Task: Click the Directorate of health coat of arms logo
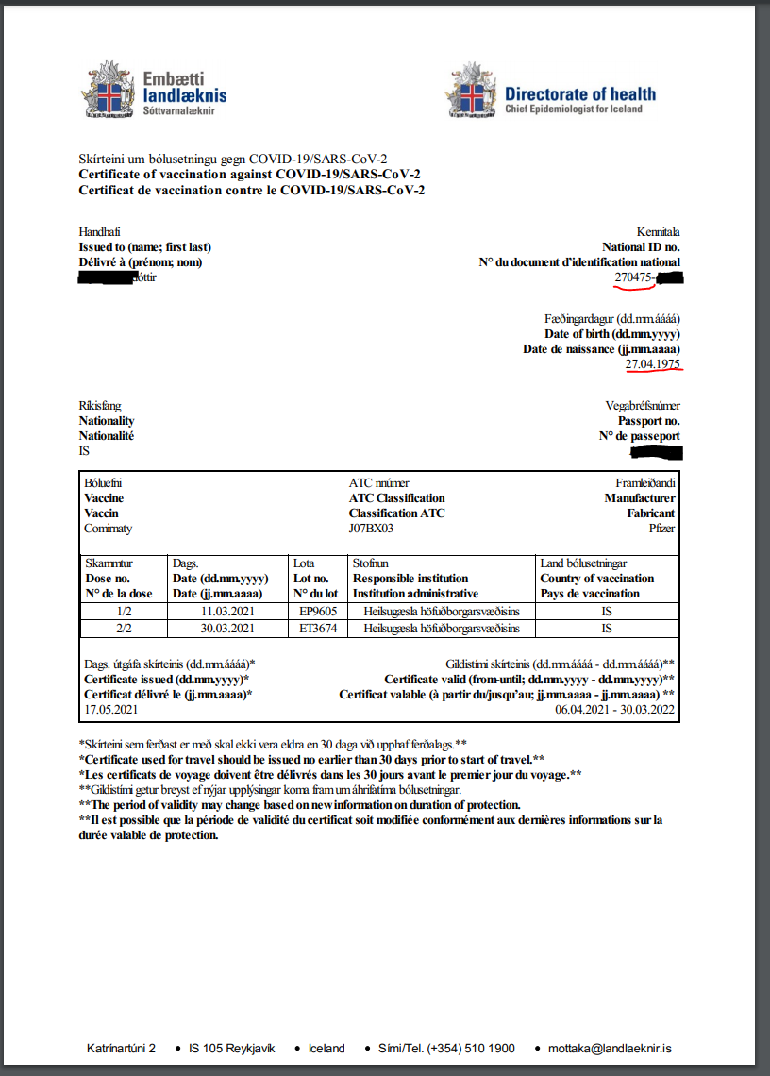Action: point(471,92)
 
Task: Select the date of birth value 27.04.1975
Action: point(653,363)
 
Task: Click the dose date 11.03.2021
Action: point(227,612)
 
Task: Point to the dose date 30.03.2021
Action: point(227,629)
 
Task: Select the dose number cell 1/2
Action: point(124,612)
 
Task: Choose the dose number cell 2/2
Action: point(124,629)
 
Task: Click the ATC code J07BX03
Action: point(371,529)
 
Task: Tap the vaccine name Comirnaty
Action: point(109,529)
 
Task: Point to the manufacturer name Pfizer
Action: point(661,529)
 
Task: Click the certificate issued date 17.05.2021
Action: point(110,708)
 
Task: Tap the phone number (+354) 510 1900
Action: point(471,1049)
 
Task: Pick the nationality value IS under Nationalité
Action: point(84,451)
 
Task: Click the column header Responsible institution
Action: point(410,579)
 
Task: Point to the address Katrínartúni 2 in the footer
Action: point(121,1049)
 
